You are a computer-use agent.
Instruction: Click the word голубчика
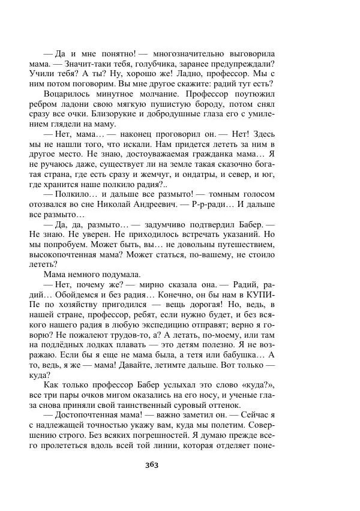(x=161, y=64)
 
